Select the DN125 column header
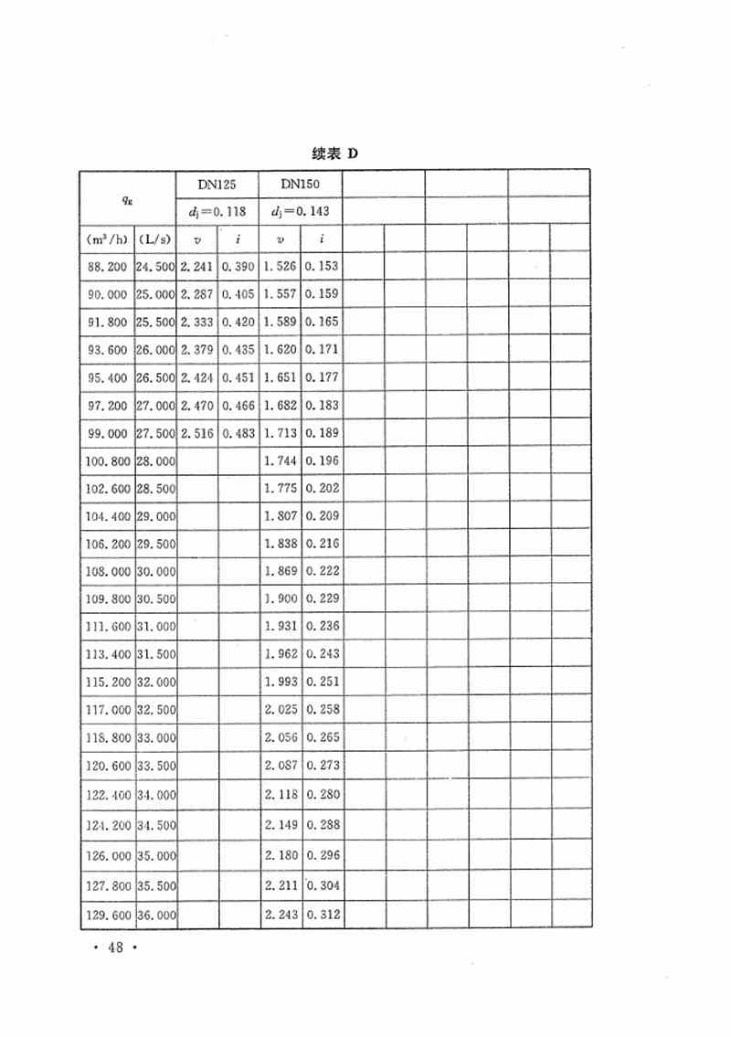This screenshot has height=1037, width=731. click(217, 184)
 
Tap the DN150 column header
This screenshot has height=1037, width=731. click(301, 184)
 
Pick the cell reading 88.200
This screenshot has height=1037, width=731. click(107, 267)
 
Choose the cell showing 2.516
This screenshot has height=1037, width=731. click(197, 432)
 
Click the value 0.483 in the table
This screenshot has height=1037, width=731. click(238, 432)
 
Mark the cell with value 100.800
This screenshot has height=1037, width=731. click(107, 460)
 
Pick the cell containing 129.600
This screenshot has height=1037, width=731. click(107, 914)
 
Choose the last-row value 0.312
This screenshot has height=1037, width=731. click(323, 914)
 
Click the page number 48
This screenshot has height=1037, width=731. click(115, 948)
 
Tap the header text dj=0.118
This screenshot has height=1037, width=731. click(217, 212)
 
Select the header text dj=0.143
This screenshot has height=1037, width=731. click(301, 212)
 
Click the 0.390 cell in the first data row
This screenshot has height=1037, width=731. click(238, 267)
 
